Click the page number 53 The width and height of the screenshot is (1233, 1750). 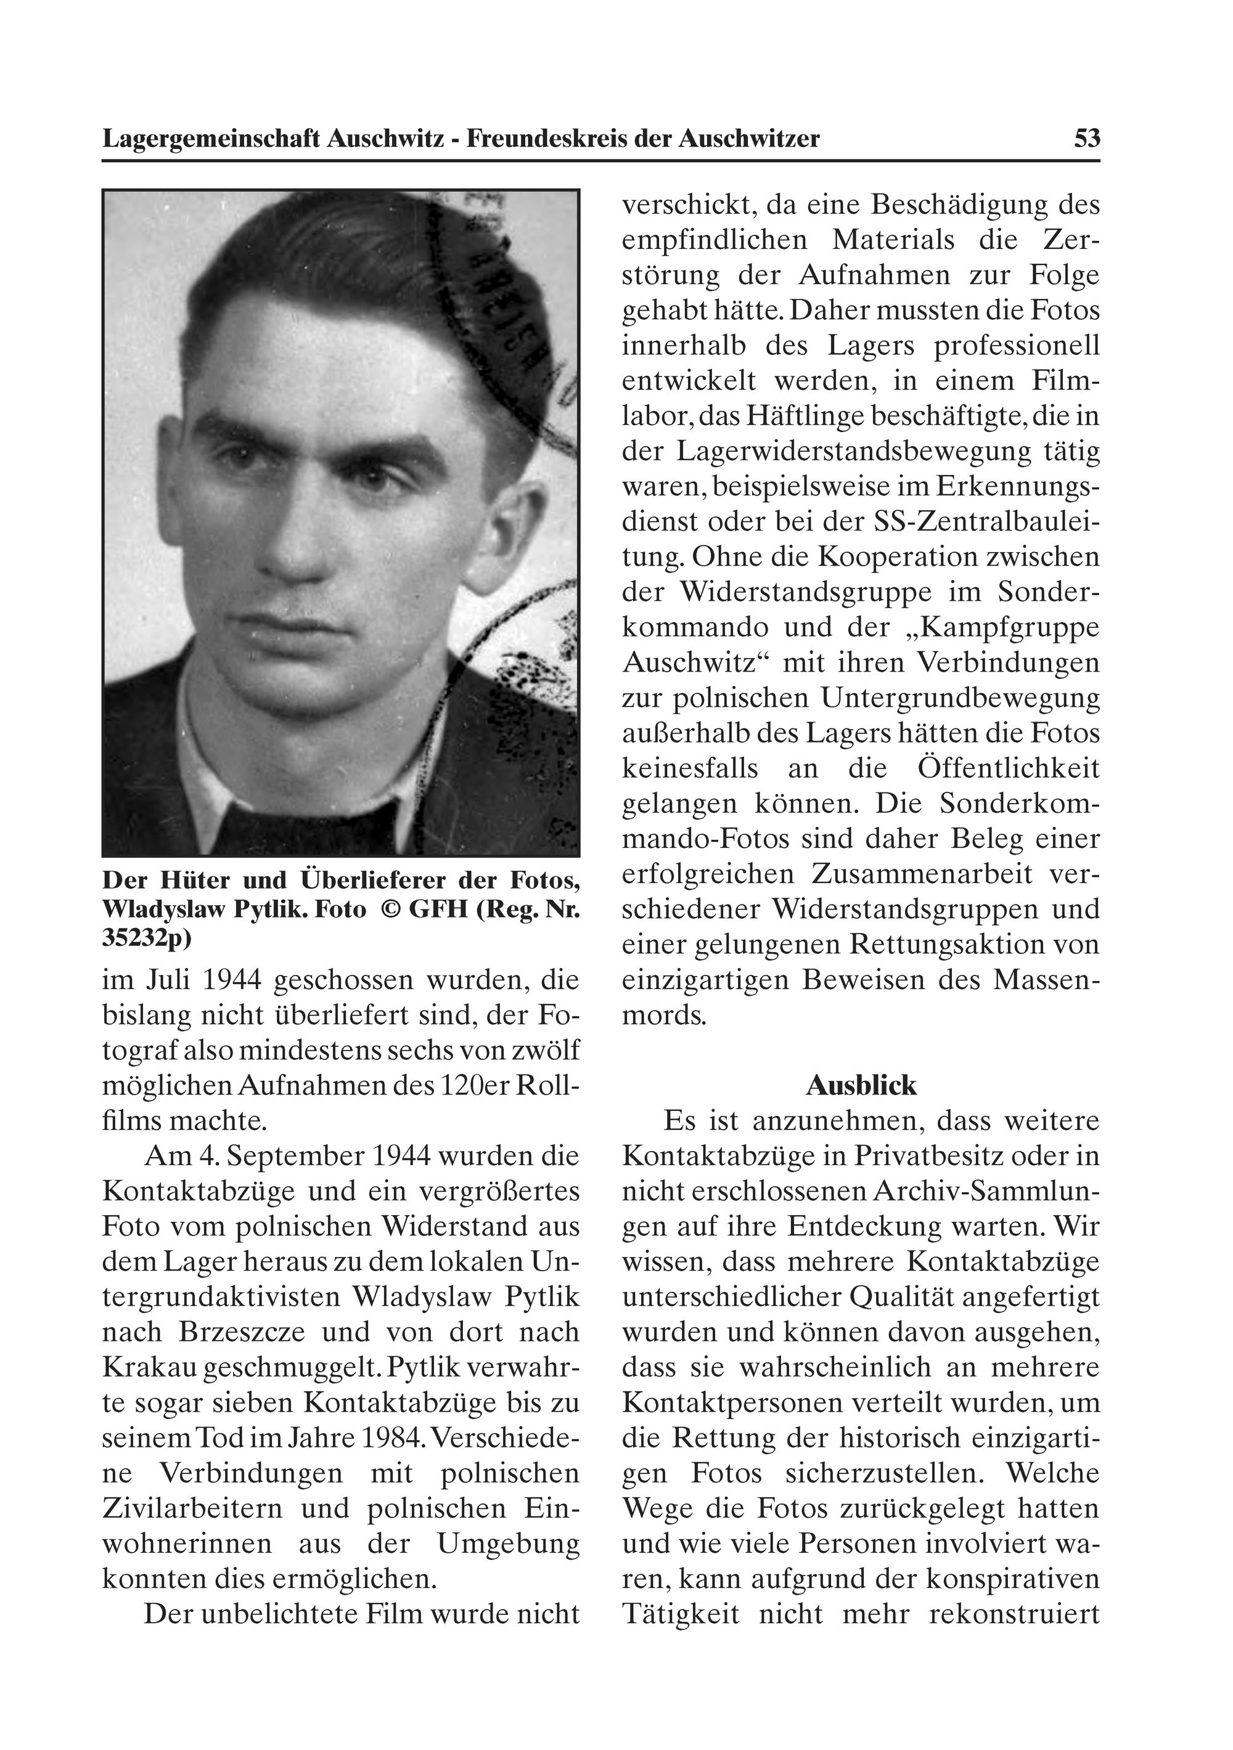coord(1087,139)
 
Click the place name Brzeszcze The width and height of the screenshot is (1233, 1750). coord(242,1332)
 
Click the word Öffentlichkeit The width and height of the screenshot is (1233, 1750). coord(1009,768)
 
